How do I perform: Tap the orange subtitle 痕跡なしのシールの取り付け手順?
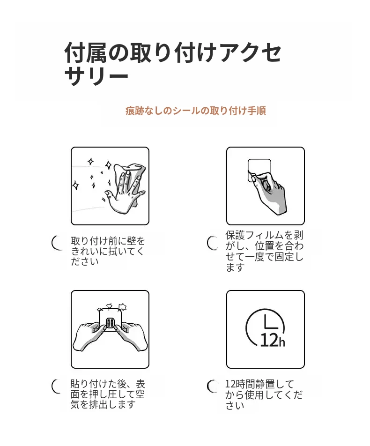(196, 111)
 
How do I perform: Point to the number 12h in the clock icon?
(273, 340)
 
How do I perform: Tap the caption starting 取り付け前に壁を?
(108, 251)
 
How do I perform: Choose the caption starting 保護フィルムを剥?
(264, 251)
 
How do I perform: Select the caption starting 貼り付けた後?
(108, 394)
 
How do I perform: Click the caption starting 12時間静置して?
(264, 394)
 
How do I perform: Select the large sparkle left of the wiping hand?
(76, 185)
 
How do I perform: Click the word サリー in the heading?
(96, 76)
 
